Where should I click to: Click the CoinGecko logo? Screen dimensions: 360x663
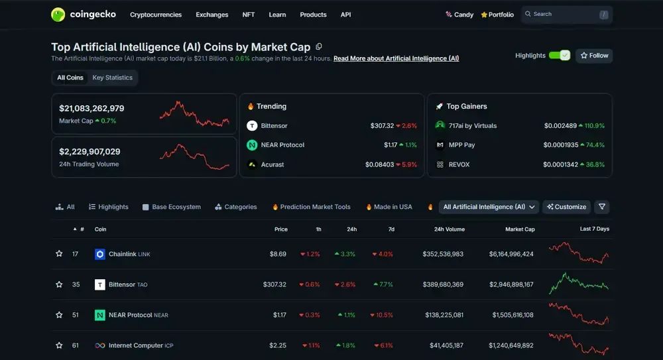point(76,15)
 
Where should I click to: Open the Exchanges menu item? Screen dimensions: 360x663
point(212,15)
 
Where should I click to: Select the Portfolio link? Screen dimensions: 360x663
point(497,15)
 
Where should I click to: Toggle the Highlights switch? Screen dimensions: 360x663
point(560,56)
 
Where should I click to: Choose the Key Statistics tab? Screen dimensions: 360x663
point(112,78)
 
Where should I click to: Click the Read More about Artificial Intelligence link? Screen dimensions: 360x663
point(396,58)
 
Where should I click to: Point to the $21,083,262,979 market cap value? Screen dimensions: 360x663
point(91,108)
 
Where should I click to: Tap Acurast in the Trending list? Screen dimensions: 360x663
point(272,164)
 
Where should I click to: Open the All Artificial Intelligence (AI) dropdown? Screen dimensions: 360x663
point(489,207)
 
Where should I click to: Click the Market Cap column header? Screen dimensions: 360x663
point(520,229)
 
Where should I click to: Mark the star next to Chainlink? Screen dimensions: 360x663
point(59,254)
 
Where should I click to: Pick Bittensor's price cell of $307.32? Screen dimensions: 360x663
point(274,284)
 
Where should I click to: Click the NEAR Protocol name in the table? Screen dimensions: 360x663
point(130,315)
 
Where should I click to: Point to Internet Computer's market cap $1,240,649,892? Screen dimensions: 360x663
point(511,345)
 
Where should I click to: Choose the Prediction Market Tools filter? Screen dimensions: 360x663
point(312,207)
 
